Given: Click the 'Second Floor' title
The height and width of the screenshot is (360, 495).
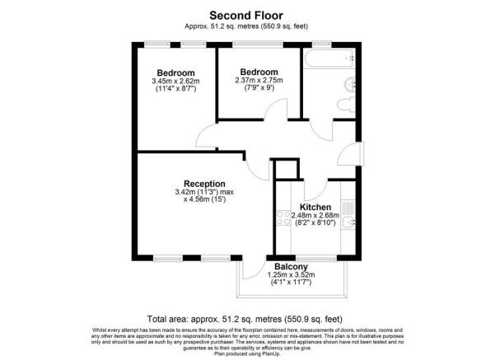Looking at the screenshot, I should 247,14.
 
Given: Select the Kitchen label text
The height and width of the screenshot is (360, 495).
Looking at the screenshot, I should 315,207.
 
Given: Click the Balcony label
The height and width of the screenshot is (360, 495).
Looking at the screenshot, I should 292,267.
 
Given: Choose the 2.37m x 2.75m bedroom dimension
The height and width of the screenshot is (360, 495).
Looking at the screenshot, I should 258,81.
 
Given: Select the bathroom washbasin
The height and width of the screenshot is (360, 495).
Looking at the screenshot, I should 350,83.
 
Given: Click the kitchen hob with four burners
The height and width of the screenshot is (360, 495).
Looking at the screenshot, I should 286,219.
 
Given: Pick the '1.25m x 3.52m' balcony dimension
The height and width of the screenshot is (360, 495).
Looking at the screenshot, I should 292,276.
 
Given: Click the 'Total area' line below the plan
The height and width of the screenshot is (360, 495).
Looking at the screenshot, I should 247,318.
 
